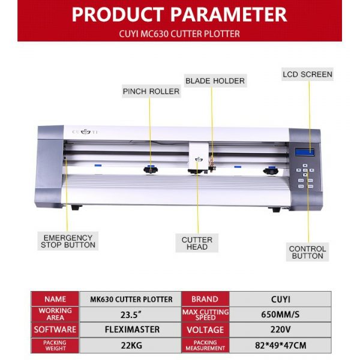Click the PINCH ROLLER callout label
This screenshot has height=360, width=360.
151,91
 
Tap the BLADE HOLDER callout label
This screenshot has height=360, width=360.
215,80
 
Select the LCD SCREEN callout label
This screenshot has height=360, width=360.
307,74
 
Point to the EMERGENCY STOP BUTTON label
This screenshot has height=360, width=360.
68,241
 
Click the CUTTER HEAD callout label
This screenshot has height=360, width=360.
197,243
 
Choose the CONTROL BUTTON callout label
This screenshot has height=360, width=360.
307,253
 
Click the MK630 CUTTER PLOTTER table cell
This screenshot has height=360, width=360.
131,299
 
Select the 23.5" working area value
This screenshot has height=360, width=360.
131,314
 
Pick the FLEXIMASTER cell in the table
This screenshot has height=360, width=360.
131,329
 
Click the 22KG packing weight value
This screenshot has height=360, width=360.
131,346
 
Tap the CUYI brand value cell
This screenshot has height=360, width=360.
280,299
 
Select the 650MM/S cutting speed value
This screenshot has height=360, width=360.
280,314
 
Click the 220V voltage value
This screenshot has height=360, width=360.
280,329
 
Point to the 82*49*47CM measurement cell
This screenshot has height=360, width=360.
280,346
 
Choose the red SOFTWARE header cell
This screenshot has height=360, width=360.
55,329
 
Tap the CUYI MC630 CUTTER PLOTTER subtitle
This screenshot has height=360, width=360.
179,34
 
